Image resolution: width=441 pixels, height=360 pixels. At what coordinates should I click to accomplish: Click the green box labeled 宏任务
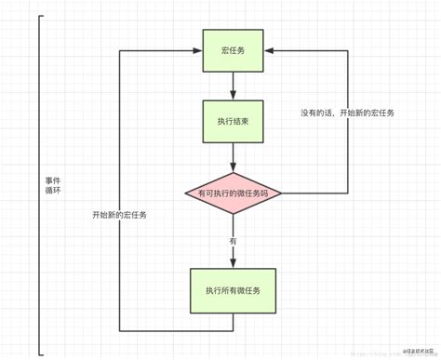point(233,51)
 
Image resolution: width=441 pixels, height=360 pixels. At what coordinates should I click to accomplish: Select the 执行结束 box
point(233,120)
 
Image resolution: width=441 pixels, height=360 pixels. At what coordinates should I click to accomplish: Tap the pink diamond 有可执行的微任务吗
point(233,193)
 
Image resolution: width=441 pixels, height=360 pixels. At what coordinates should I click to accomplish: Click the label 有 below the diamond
point(233,241)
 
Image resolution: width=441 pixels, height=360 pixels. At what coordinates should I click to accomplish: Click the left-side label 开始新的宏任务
point(119,214)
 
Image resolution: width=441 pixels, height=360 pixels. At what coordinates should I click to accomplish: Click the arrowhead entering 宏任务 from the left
point(198,51)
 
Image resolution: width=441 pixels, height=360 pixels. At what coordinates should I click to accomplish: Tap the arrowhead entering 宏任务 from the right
point(268,51)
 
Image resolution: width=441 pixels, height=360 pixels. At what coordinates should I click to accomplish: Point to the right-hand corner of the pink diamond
point(281,193)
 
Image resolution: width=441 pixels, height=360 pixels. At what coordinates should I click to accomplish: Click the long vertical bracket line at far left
point(40,186)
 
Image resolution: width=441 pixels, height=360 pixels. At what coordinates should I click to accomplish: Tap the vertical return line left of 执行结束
point(120,121)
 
